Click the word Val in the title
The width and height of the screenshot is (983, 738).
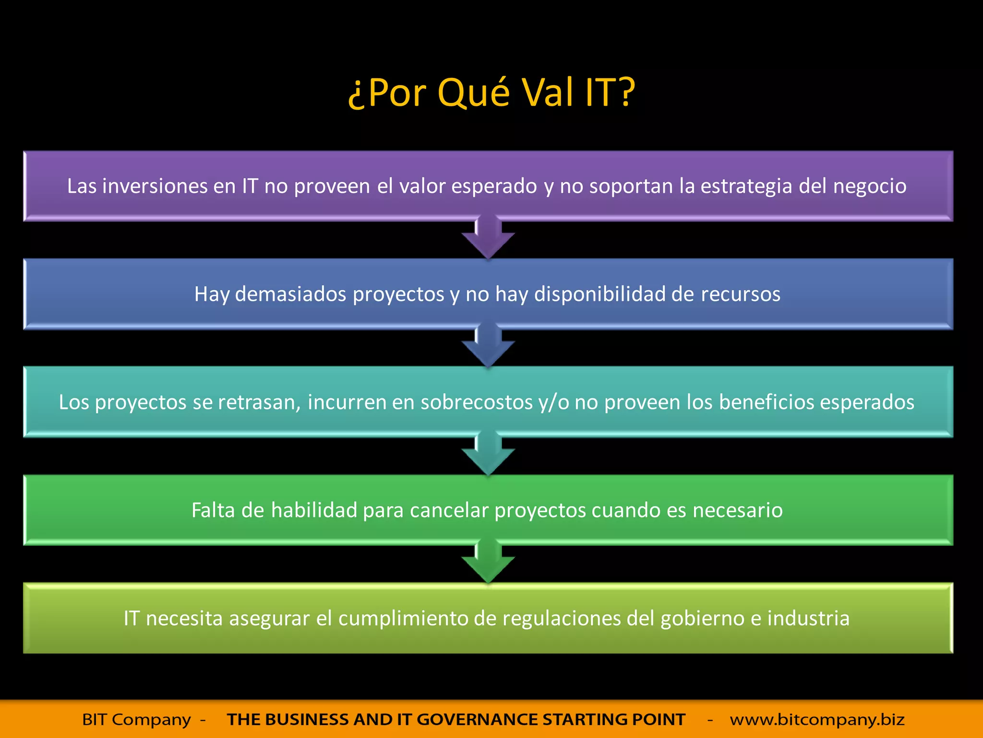click(547, 92)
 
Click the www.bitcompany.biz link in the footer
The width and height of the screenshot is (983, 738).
click(817, 720)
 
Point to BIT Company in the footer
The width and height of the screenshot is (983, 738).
click(136, 720)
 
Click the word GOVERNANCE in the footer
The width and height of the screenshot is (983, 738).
click(477, 720)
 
